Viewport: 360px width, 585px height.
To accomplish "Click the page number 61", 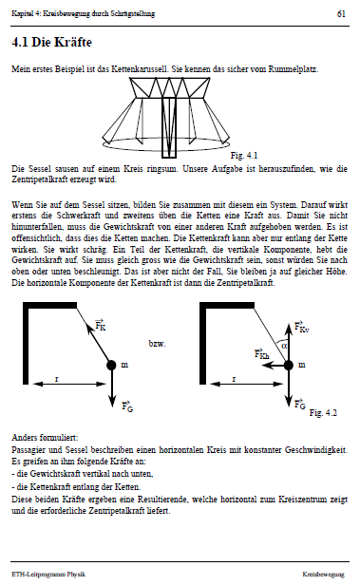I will coord(340,14).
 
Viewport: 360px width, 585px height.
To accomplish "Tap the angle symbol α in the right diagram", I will coord(282,345).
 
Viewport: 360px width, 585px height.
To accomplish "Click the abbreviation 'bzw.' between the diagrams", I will coord(158,343).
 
